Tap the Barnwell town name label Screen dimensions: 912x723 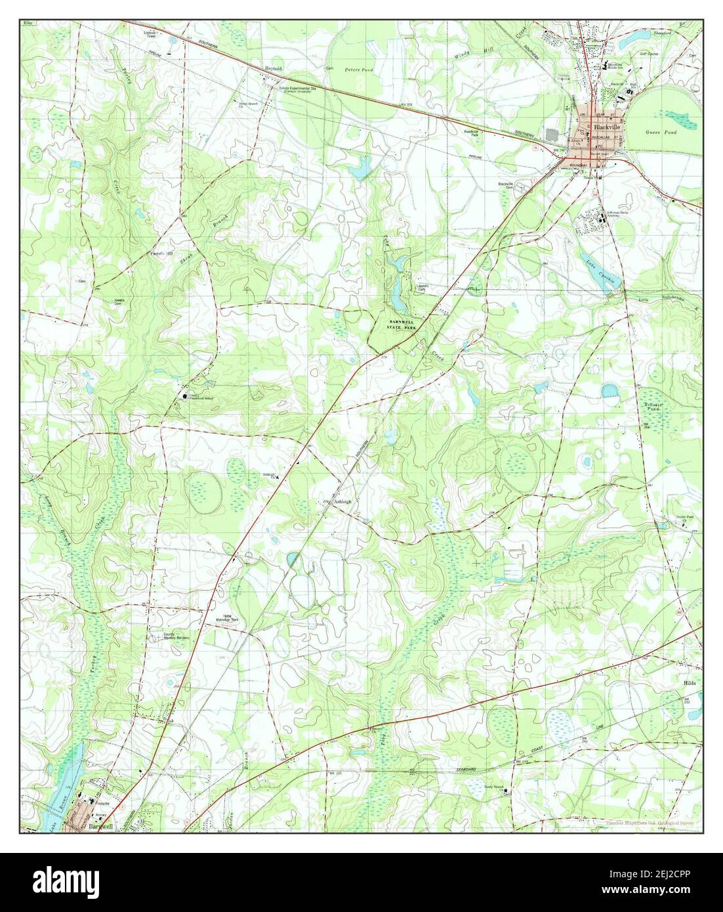98,827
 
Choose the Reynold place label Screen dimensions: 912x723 272,68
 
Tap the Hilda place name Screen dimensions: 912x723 691,683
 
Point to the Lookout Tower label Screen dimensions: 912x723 151,34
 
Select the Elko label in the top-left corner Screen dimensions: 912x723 27,23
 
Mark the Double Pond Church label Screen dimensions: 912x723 686,519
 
